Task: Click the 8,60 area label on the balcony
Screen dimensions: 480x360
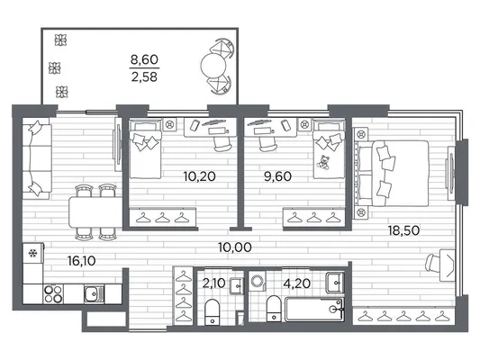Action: [144, 59]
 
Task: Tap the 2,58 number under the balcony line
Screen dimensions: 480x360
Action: [144, 76]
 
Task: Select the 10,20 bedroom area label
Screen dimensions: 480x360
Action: [200, 176]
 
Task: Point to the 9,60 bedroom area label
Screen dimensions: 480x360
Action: [277, 176]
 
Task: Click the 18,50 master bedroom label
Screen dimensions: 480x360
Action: [403, 230]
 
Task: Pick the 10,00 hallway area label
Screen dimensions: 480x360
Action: [235, 247]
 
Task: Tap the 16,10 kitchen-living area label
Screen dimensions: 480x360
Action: [81, 261]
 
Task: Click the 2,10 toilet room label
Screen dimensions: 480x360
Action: [213, 283]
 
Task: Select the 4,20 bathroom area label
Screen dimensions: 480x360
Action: [296, 283]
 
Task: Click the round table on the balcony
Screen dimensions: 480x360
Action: [213, 66]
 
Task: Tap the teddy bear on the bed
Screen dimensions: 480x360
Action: [322, 162]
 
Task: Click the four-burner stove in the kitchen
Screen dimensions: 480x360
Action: [53, 294]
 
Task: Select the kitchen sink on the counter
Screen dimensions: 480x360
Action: [94, 294]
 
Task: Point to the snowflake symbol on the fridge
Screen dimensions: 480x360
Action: [32, 253]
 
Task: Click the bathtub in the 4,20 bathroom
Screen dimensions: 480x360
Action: [314, 310]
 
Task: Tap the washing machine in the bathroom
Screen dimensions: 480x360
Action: [257, 281]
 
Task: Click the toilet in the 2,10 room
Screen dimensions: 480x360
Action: [212, 312]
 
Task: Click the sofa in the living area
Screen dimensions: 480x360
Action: [37, 159]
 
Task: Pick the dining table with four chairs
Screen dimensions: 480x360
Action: [95, 211]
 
